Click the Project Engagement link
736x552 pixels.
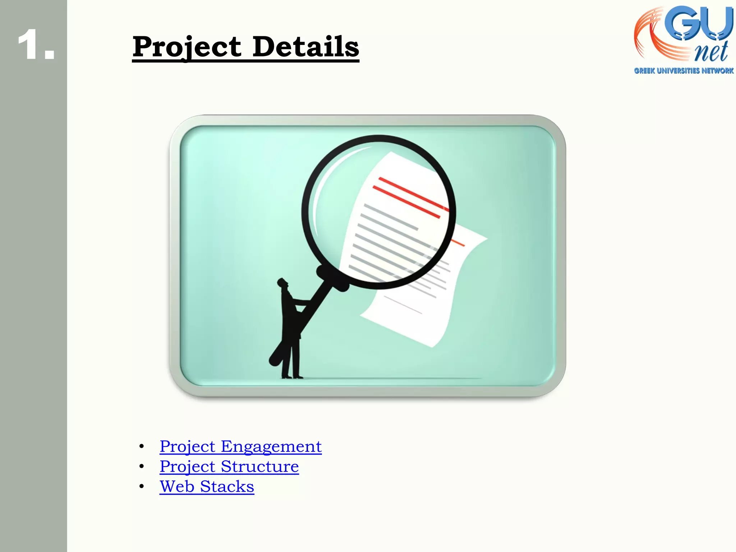(240, 447)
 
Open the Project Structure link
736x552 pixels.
(229, 467)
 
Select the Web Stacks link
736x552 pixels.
(207, 487)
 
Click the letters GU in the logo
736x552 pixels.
(697, 23)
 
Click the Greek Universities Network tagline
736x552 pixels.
(684, 71)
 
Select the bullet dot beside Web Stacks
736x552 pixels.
(142, 487)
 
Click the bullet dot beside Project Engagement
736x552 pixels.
(142, 447)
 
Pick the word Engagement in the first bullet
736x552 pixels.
(271, 447)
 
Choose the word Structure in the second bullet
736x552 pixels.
(259, 467)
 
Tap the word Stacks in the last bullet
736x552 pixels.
(227, 487)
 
